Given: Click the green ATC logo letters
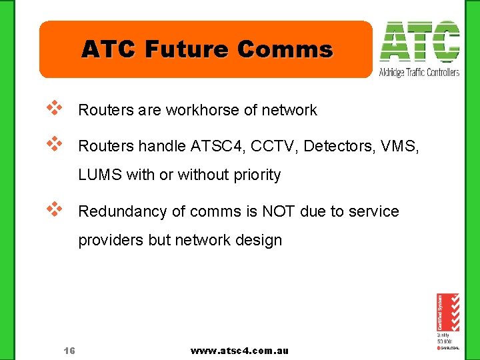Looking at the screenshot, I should click(419, 42).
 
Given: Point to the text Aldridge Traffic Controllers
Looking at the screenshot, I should click(419, 72).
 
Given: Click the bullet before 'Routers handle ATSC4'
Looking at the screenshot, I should click(54, 142).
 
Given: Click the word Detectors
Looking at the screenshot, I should click(334, 145).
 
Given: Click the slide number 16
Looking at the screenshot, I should click(69, 351).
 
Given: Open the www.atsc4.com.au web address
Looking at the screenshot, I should click(239, 351).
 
